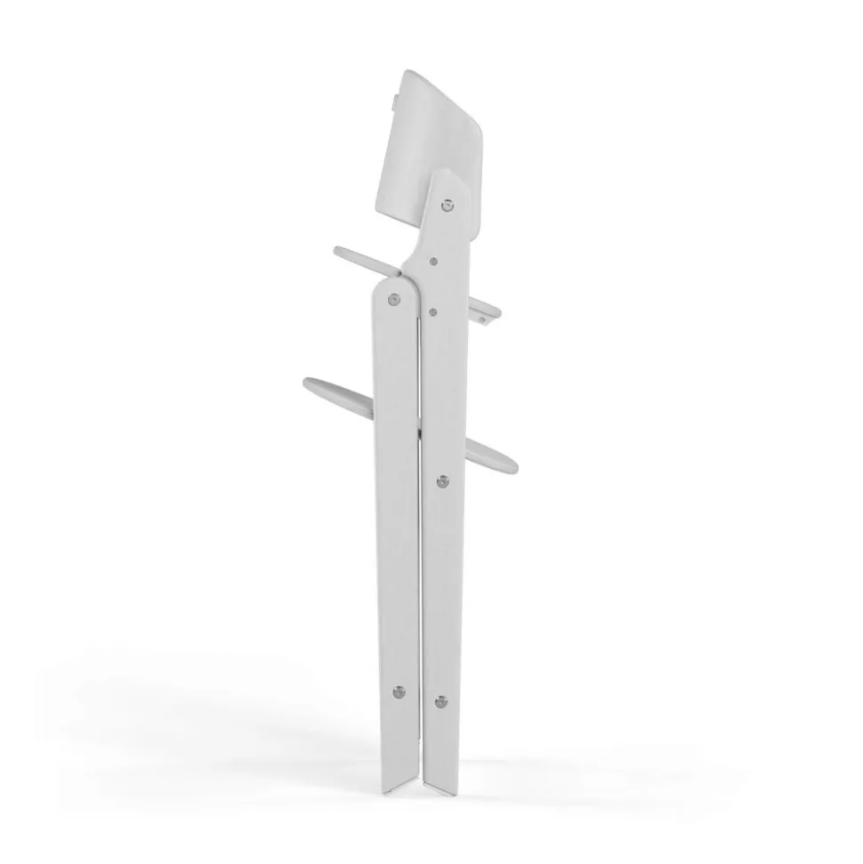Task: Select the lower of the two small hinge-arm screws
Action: click(x=431, y=311)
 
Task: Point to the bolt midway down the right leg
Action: click(x=442, y=481)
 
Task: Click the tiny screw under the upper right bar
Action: click(x=481, y=318)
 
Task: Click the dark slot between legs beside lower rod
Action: click(x=419, y=427)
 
